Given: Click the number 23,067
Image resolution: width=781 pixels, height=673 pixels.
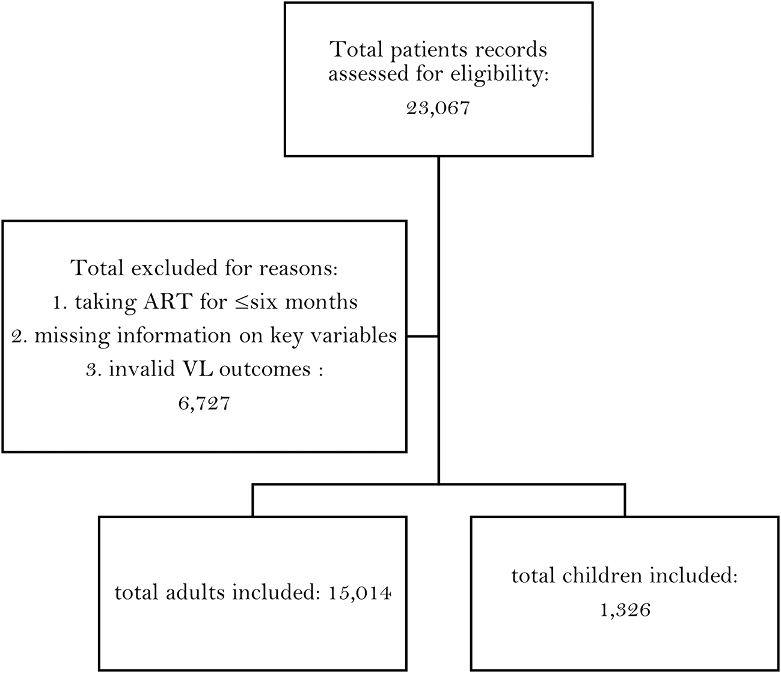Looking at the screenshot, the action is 438,108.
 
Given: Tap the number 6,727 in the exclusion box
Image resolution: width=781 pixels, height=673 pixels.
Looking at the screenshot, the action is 204,404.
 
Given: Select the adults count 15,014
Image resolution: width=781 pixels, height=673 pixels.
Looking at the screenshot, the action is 360,593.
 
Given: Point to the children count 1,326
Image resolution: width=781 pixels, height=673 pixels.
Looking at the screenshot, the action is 625,610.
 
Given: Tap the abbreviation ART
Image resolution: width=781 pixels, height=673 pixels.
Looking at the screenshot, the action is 167,302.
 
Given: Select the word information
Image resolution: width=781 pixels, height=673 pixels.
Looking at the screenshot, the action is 174,335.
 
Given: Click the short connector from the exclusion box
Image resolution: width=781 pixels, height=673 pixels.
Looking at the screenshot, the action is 423,336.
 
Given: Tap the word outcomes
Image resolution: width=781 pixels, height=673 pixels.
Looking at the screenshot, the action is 265,370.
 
